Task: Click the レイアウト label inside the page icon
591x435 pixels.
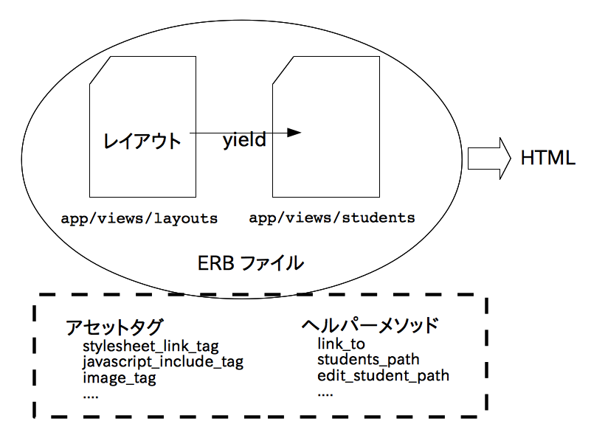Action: [142, 141]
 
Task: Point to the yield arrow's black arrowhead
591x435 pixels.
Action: [294, 133]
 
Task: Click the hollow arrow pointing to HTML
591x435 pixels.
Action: [488, 158]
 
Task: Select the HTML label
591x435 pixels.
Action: [547, 158]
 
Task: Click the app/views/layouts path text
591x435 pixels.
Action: [139, 218]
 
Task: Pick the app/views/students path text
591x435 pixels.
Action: [331, 218]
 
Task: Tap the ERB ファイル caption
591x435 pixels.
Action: [251, 263]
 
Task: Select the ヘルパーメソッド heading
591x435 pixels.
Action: [370, 325]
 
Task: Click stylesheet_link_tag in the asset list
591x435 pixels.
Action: [151, 346]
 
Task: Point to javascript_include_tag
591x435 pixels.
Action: [162, 362]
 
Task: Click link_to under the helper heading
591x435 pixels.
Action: [341, 344]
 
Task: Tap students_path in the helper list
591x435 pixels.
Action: [368, 360]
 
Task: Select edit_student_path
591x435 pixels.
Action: [383, 376]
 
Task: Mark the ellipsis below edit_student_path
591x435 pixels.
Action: [325, 394]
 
